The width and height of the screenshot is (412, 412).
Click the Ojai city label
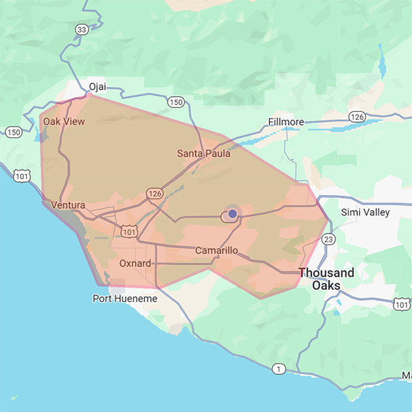98,87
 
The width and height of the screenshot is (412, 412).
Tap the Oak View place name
64,122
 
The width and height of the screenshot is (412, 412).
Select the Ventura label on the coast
68,205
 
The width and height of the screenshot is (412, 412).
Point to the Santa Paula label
203,153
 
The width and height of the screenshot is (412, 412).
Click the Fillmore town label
286,122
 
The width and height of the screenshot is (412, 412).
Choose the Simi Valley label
365,212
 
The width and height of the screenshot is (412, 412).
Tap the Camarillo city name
216,251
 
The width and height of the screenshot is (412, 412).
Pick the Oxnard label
135,263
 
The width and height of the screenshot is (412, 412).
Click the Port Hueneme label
125,299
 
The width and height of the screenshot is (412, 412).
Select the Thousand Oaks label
326,279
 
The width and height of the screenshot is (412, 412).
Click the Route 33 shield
82,30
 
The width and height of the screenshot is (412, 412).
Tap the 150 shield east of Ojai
176,102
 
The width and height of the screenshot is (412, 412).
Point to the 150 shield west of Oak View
13,132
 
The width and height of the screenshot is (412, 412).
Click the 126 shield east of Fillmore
356,117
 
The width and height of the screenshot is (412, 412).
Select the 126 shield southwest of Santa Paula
154,194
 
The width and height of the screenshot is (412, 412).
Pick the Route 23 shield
328,239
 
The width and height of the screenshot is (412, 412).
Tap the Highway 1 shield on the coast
277,369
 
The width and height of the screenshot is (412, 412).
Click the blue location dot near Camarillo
233,214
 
